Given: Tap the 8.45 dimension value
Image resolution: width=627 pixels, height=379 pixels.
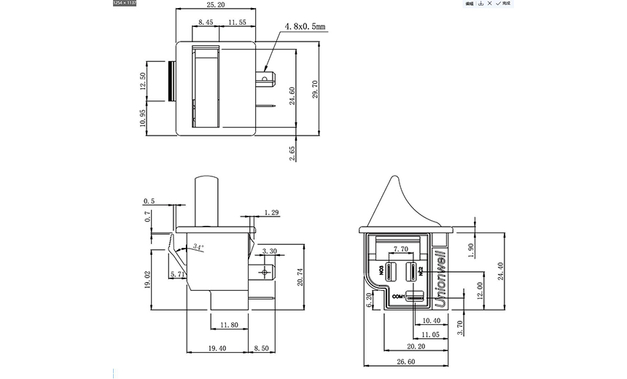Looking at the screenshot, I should (206, 23).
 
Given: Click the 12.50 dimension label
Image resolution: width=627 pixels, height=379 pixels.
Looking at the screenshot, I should (144, 81).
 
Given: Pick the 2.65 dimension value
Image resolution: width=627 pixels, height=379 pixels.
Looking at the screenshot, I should (292, 153).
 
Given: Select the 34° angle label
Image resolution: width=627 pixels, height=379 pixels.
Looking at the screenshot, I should (198, 248).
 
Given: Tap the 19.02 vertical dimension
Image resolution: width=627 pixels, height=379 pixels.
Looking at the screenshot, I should (148, 281).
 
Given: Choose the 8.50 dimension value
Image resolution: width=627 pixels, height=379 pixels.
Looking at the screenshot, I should (261, 349).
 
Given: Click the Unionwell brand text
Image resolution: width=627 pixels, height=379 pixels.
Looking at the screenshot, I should (440, 270).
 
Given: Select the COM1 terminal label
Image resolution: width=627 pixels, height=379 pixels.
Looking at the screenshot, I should (397, 297).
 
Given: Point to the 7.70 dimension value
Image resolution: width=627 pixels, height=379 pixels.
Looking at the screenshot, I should (400, 249).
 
